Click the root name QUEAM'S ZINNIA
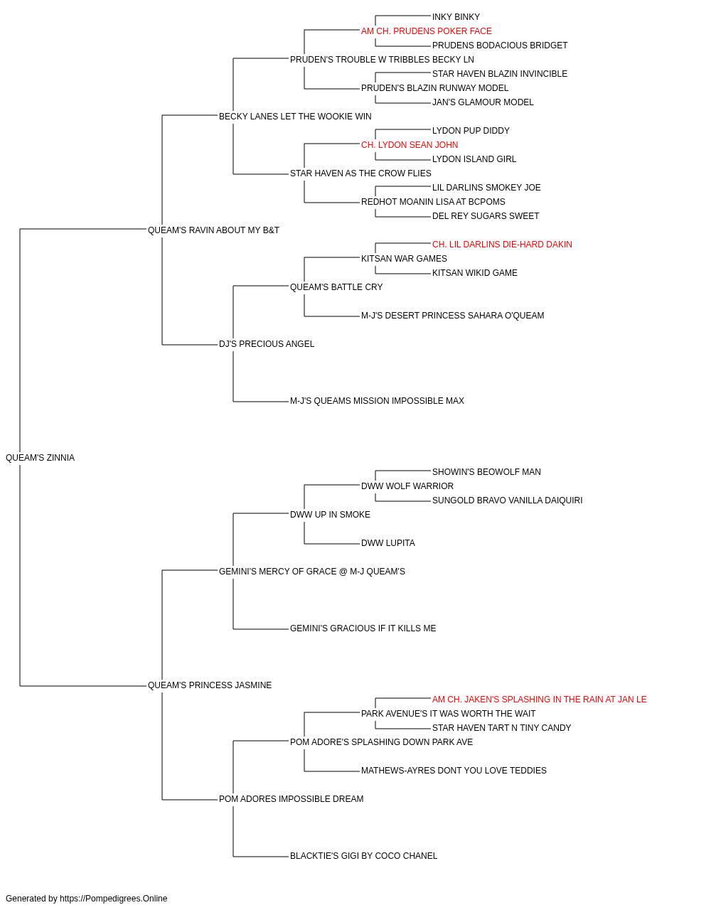click(x=41, y=458)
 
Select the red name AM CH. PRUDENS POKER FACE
click(x=427, y=31)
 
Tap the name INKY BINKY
click(x=456, y=17)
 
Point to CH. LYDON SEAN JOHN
click(x=410, y=145)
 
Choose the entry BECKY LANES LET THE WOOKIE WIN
click(x=295, y=117)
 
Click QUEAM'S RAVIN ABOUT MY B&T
click(x=213, y=230)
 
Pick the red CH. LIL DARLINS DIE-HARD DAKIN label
click(x=502, y=245)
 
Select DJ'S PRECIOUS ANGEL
click(x=267, y=344)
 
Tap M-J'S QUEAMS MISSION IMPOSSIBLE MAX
click(x=378, y=401)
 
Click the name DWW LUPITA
click(x=388, y=543)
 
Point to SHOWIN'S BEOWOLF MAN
click(x=486, y=472)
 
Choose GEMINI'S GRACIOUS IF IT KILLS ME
click(x=363, y=628)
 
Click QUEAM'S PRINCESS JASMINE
click(x=210, y=685)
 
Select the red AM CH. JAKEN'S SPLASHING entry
click(x=540, y=700)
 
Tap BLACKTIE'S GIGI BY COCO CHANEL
click(x=364, y=856)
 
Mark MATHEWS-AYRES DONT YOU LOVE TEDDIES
click(x=454, y=771)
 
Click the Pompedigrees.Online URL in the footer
click(x=114, y=899)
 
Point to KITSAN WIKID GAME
click(x=475, y=273)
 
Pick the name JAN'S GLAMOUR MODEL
click(x=483, y=102)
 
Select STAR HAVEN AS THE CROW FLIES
click(x=360, y=173)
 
